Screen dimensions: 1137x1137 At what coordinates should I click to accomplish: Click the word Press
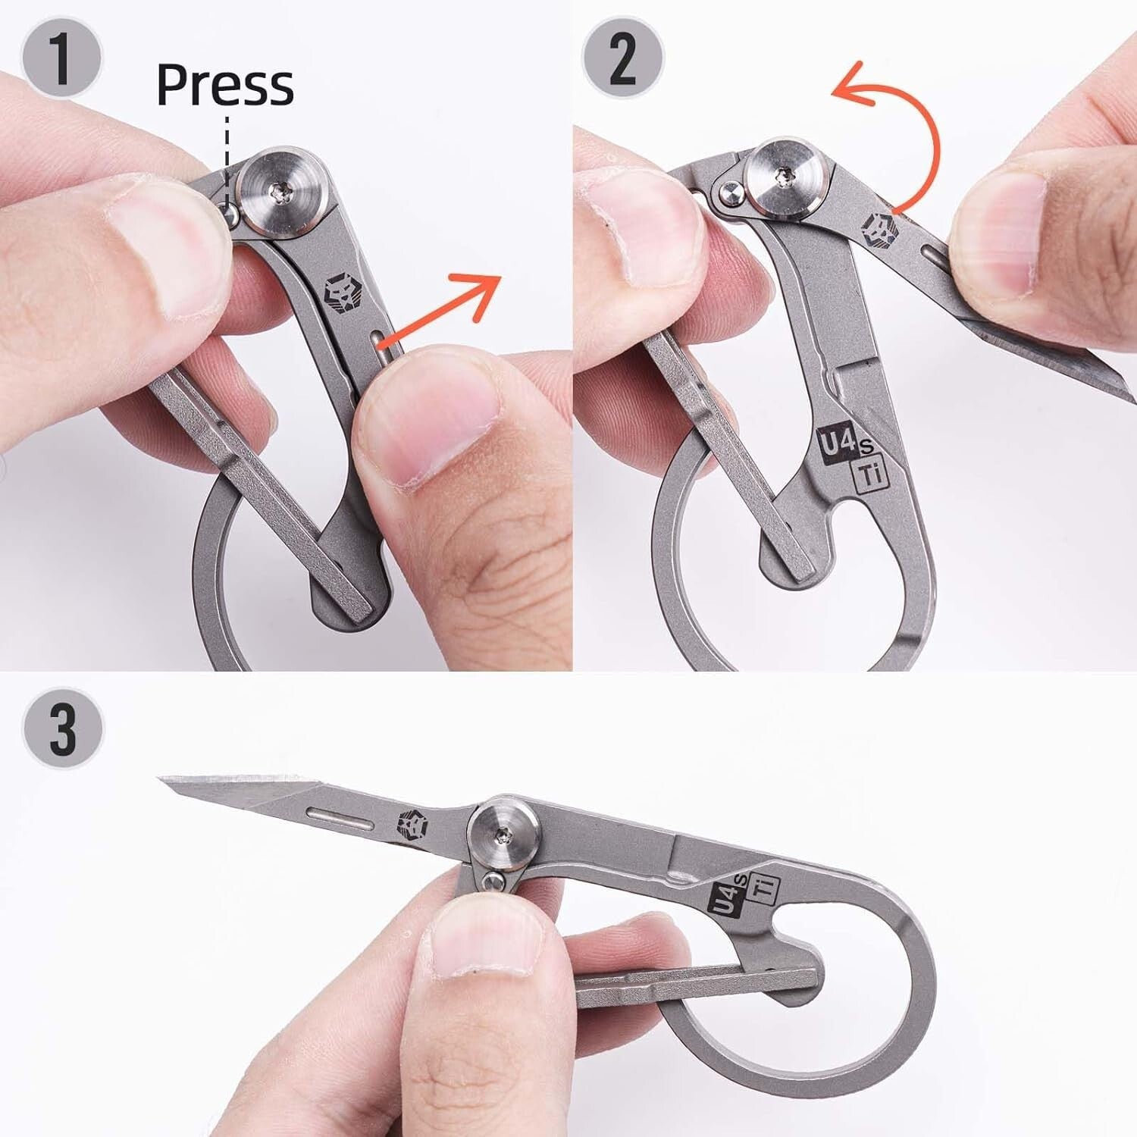pos(224,85)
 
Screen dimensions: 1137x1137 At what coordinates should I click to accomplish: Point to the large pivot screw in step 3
pos(505,837)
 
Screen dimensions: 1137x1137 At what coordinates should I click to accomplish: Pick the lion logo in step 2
pos(882,227)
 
